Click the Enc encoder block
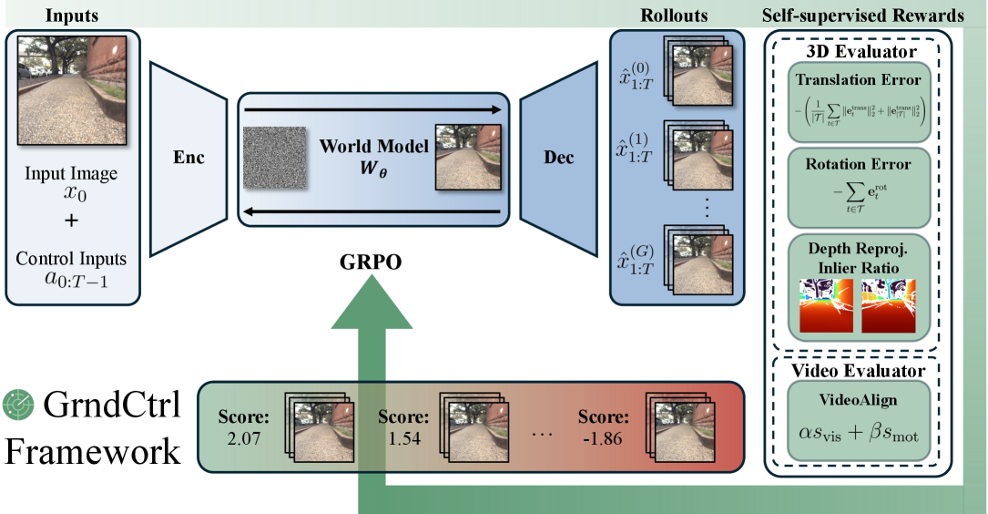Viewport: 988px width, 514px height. [188, 157]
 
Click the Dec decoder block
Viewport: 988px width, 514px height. [558, 157]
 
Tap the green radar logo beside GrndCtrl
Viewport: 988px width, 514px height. [18, 403]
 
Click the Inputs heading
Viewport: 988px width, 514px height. [73, 15]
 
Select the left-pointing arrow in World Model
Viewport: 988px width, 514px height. [373, 211]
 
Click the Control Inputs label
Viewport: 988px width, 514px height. [71, 258]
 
